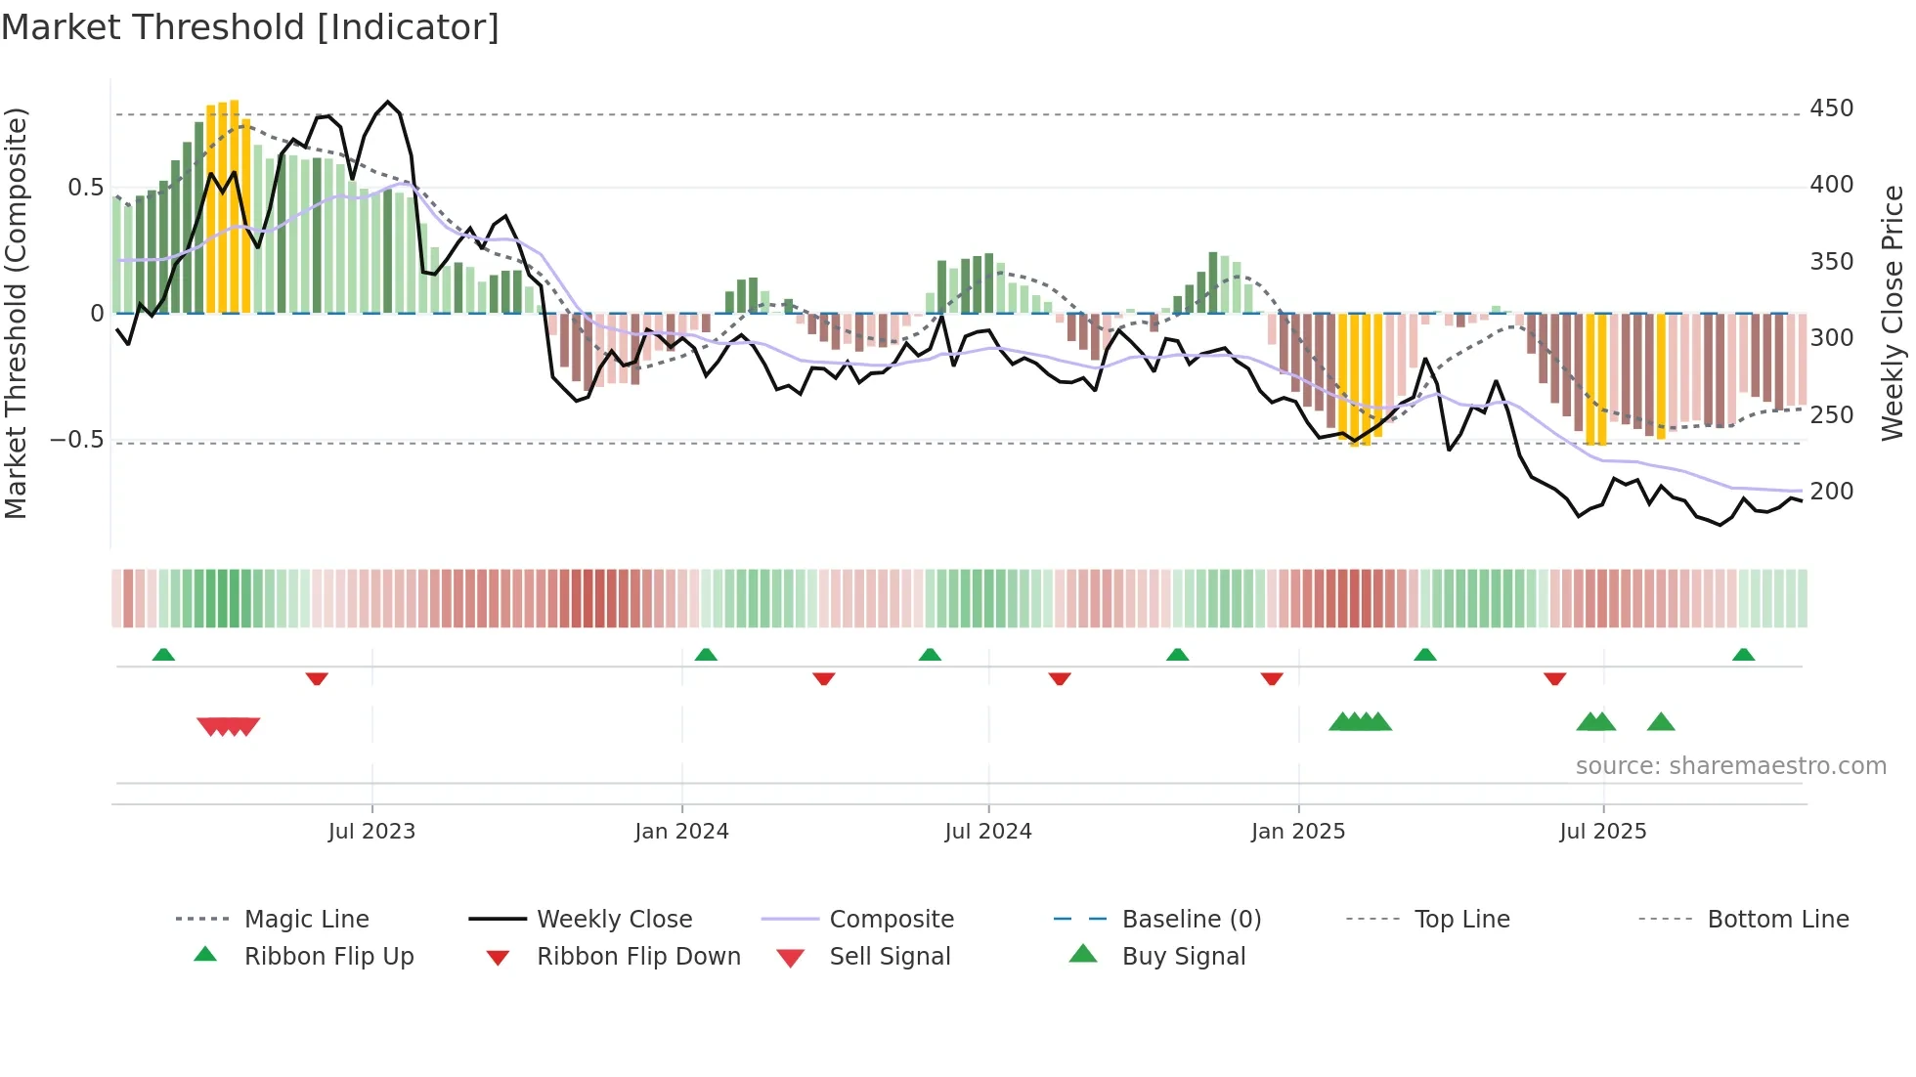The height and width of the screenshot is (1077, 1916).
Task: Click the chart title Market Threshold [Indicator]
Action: coord(250,27)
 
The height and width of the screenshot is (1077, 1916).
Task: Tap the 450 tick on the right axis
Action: coord(1831,108)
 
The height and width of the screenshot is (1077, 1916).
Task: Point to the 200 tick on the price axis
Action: coord(1831,492)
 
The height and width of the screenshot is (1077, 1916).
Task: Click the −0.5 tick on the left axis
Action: coord(76,440)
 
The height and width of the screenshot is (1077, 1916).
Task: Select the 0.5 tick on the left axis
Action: coord(85,188)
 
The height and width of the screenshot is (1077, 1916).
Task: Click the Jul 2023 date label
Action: coord(371,832)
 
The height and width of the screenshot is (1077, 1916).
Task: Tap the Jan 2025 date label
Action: coord(1297,832)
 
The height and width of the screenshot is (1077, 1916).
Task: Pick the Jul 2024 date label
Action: coord(987,832)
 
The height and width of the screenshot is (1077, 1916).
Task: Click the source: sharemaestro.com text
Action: coord(1730,766)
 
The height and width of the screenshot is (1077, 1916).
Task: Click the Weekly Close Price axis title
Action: coord(1893,313)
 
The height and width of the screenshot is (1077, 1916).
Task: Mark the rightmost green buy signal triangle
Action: coord(1661,723)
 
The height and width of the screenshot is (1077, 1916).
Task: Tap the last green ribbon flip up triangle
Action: coord(1743,655)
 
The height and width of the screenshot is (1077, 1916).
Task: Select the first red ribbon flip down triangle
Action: coord(316,678)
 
